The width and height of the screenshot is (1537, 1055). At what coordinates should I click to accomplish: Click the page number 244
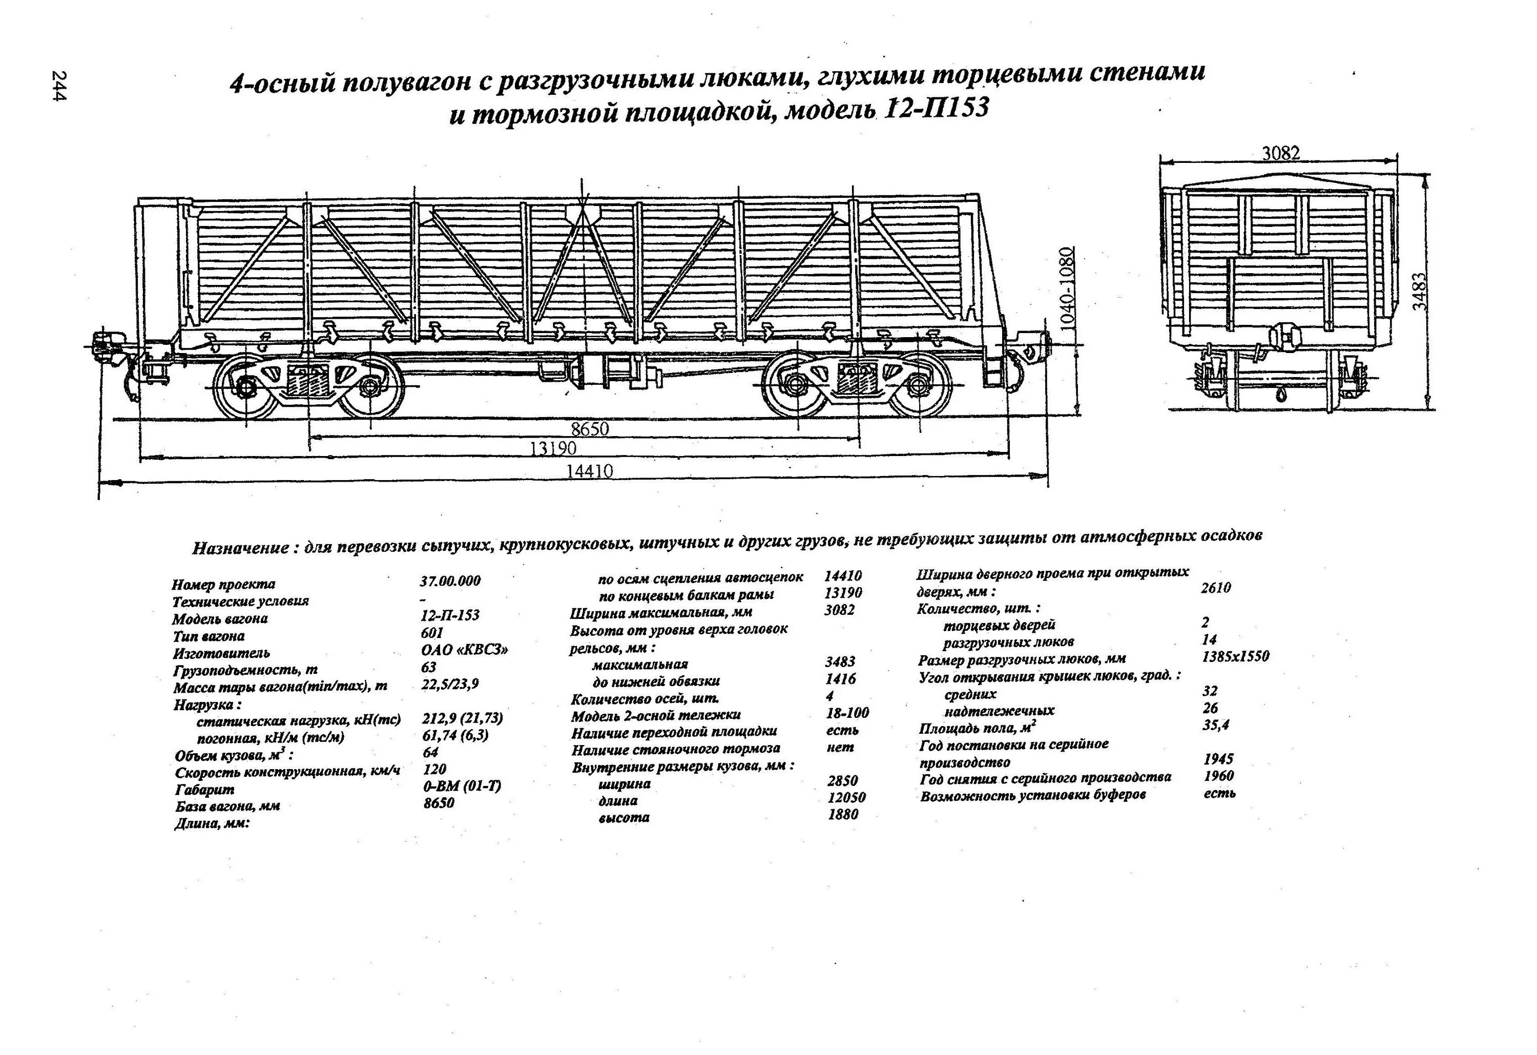(x=58, y=86)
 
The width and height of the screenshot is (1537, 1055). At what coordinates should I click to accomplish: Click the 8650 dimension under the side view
(x=589, y=429)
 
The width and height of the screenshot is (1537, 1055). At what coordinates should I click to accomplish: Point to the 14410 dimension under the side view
(x=589, y=471)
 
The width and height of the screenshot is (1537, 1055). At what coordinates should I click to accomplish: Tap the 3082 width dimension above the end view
(x=1280, y=153)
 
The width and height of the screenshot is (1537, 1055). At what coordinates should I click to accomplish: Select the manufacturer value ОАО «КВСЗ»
(x=464, y=650)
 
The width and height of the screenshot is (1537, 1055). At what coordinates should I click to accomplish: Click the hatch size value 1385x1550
(x=1235, y=657)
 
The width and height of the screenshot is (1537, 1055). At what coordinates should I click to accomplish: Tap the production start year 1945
(x=1218, y=759)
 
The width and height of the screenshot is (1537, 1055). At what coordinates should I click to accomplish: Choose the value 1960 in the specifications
(x=1218, y=776)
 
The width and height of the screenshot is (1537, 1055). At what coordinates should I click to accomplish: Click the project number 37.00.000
(x=450, y=581)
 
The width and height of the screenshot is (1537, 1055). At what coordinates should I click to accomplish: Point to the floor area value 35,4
(x=1216, y=725)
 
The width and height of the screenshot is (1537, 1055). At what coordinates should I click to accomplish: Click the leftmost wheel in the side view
(x=248, y=387)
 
